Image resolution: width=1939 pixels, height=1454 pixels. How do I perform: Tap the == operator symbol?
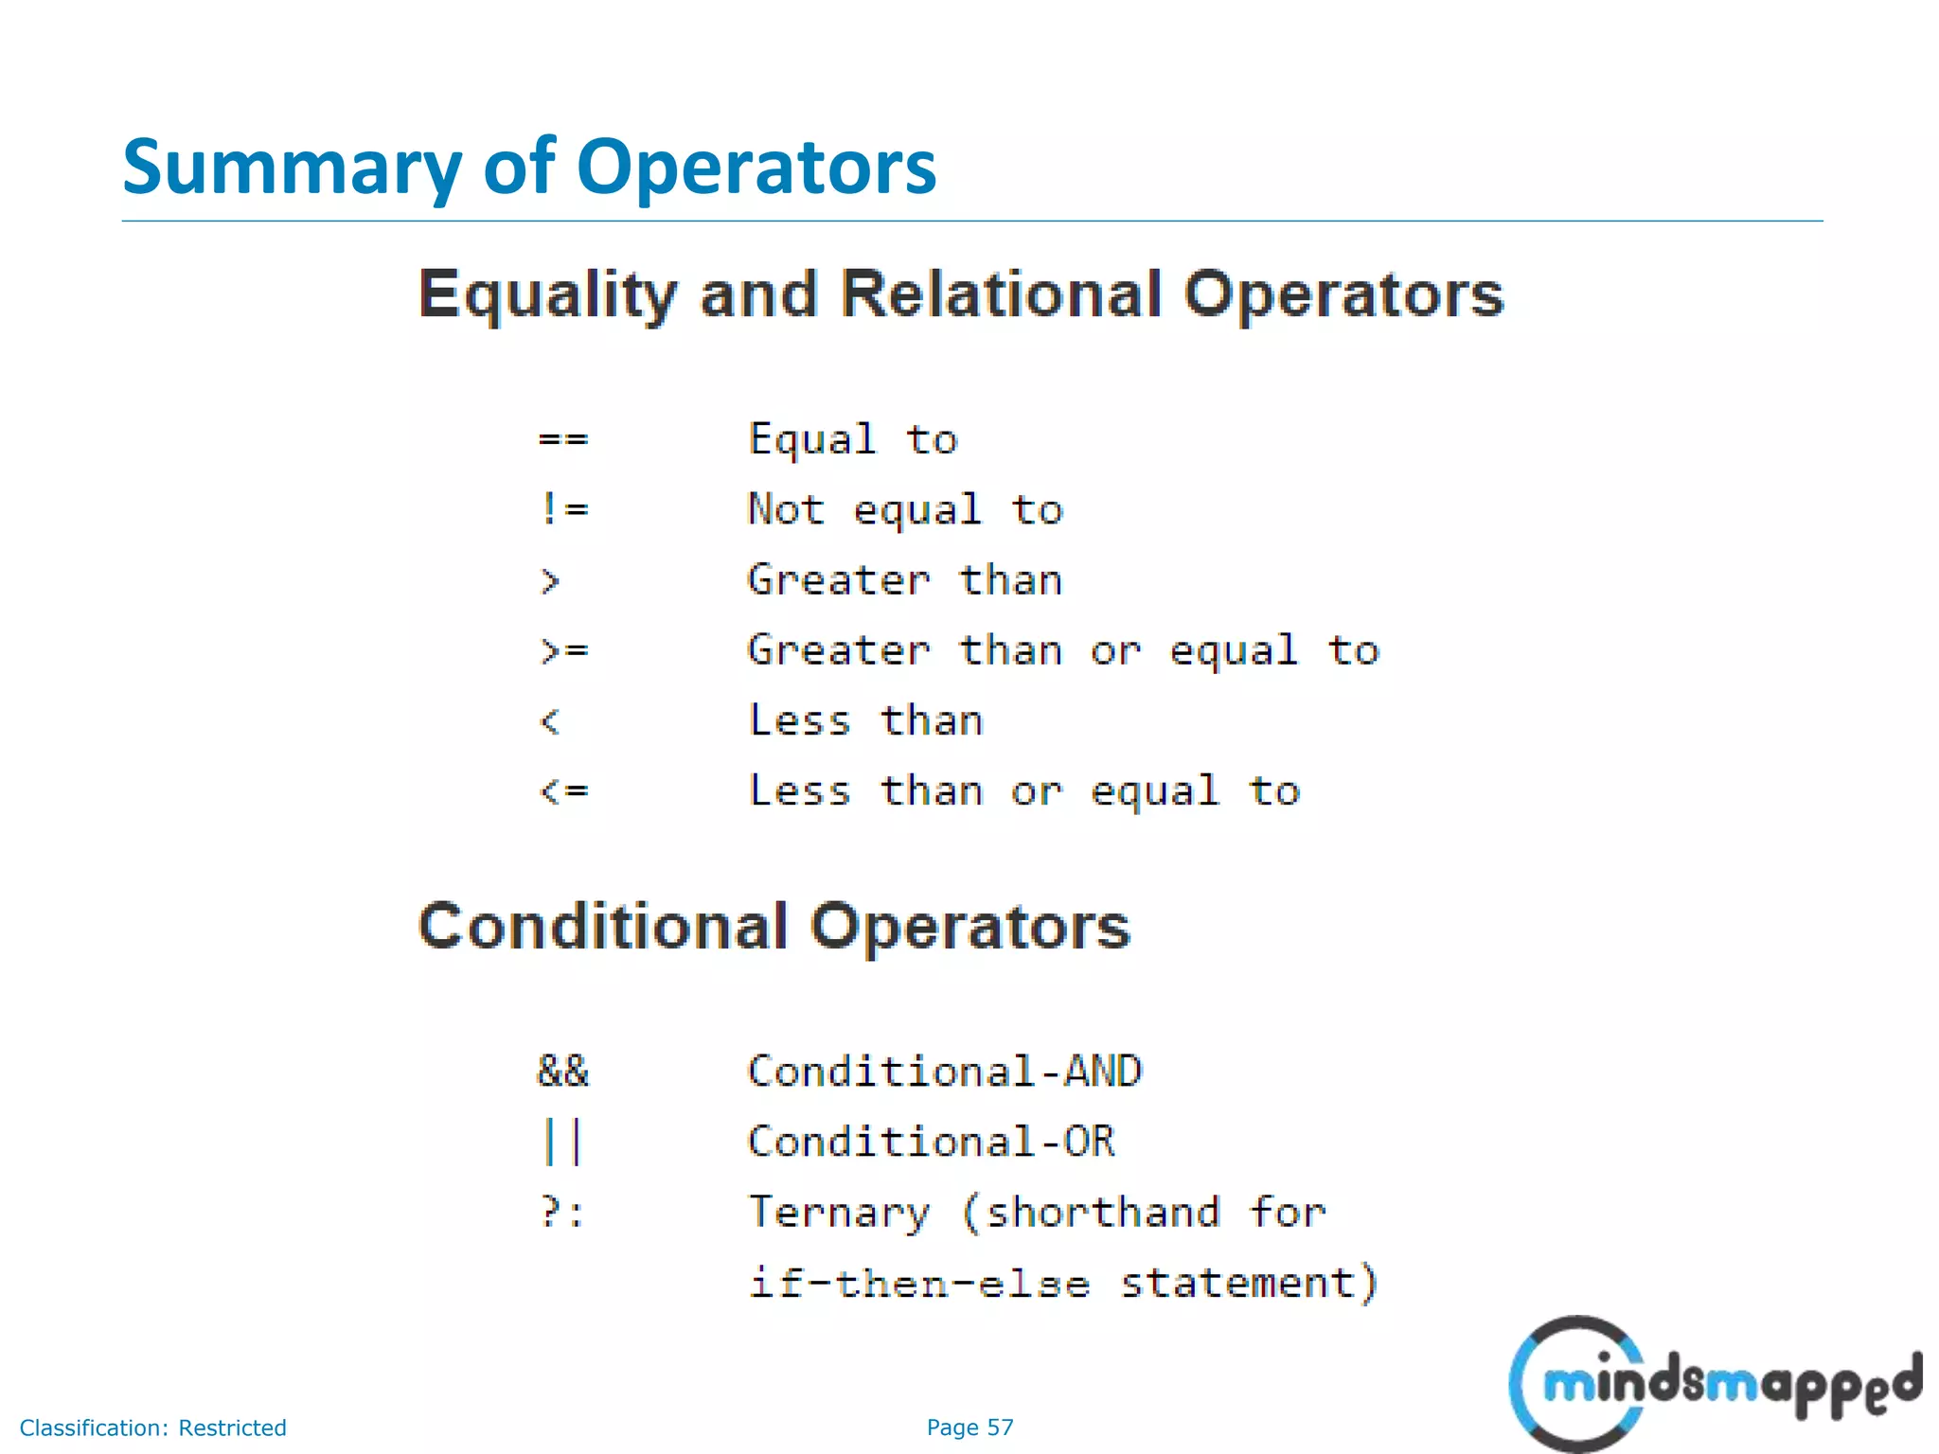pyautogui.click(x=562, y=439)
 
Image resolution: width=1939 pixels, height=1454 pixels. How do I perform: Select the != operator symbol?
pyautogui.click(x=564, y=509)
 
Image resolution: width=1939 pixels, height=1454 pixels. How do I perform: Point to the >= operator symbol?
pyautogui.click(x=564, y=650)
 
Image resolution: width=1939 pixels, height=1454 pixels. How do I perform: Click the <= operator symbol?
pyautogui.click(x=564, y=790)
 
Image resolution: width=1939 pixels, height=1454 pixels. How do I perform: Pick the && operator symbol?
pyautogui.click(x=562, y=1072)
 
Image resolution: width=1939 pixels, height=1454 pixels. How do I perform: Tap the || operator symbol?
pyautogui.click(x=562, y=1142)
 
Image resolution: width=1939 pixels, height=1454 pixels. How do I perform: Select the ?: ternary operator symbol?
pyautogui.click(x=562, y=1212)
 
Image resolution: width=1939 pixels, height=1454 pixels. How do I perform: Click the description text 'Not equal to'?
pyautogui.click(x=905, y=509)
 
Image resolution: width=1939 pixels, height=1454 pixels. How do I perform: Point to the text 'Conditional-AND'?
pyautogui.click(x=945, y=1072)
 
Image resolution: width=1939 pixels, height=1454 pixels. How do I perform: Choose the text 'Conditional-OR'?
pyautogui.click(x=932, y=1142)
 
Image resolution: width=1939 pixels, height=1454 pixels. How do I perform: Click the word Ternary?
pyautogui.click(x=839, y=1212)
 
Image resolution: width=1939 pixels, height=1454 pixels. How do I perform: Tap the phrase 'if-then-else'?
pyautogui.click(x=918, y=1284)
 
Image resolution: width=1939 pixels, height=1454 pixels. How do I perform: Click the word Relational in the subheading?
pyautogui.click(x=1001, y=294)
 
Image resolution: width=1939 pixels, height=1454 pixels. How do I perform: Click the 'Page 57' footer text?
pyautogui.click(x=969, y=1427)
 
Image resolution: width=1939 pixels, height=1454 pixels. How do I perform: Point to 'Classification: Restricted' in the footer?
pyautogui.click(x=152, y=1427)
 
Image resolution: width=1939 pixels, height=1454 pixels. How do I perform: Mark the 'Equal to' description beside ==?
pyautogui.click(x=853, y=439)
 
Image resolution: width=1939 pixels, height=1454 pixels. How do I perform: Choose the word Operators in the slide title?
pyautogui.click(x=756, y=168)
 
